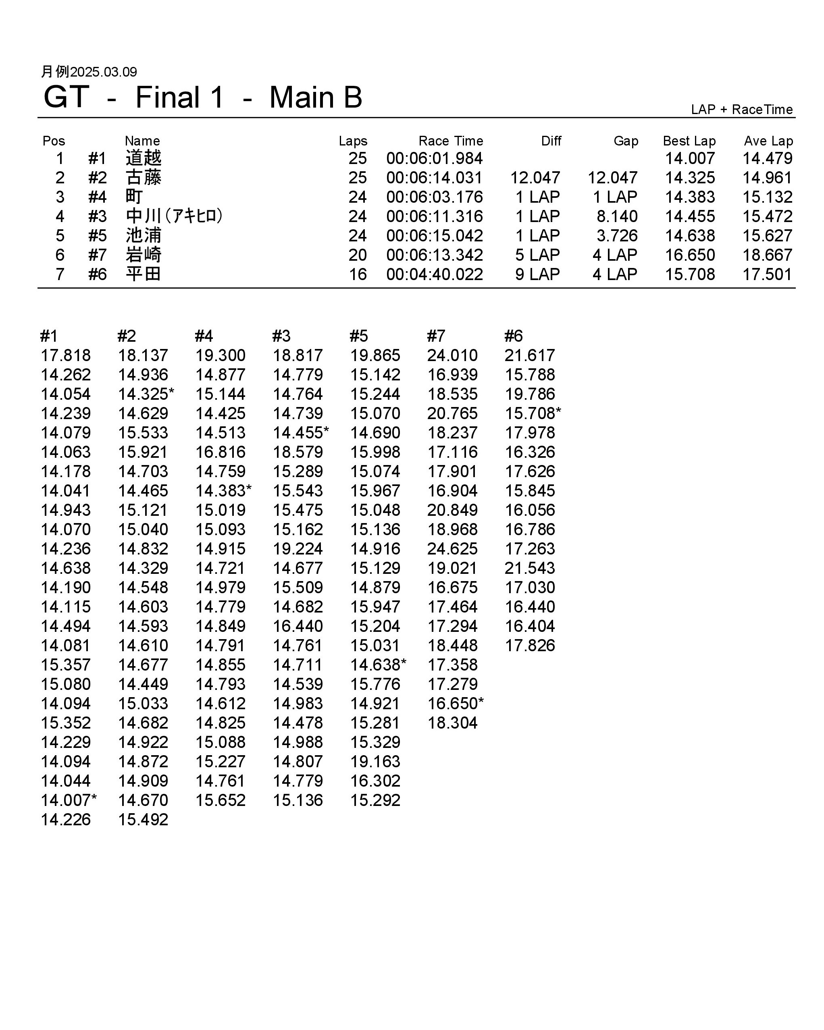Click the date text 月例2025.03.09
[x=89, y=72]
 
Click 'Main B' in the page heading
[x=316, y=98]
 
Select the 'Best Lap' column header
[x=689, y=141]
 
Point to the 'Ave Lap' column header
[x=768, y=141]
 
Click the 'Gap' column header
[x=626, y=141]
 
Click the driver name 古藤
[x=144, y=178]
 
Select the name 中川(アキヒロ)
[x=175, y=216]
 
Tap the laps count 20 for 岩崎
[x=357, y=255]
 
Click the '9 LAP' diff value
[x=537, y=274]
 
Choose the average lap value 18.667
[x=767, y=255]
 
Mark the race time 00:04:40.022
[x=435, y=274]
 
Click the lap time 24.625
[x=452, y=549]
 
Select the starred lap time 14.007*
[x=69, y=800]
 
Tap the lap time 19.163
[x=375, y=762]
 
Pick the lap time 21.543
[x=530, y=568]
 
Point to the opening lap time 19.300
[x=221, y=355]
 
